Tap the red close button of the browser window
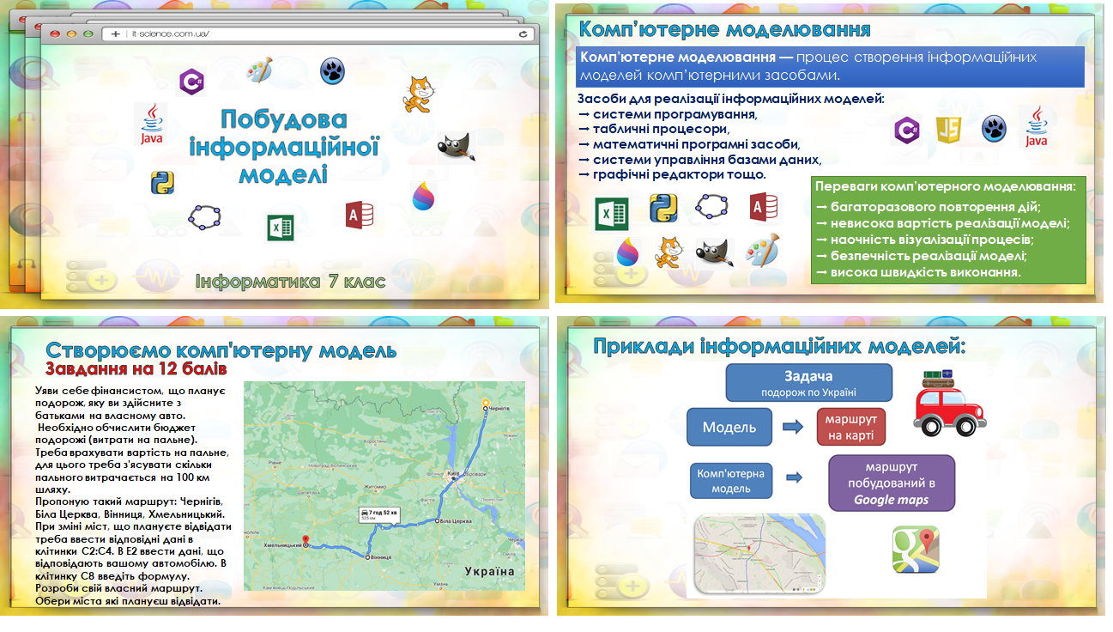pyautogui.click(x=56, y=34)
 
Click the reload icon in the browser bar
pyautogui.click(x=523, y=34)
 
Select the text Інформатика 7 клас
pyautogui.click(x=290, y=281)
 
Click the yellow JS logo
pyautogui.click(x=948, y=130)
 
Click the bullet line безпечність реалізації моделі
pyautogui.click(x=929, y=256)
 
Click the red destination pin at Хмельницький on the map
pyautogui.click(x=306, y=541)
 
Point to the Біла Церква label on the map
pyautogui.click(x=455, y=521)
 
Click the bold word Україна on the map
pyautogui.click(x=489, y=571)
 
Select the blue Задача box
pyautogui.click(x=808, y=383)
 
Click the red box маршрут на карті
pyautogui.click(x=850, y=427)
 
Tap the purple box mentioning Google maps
pyautogui.click(x=891, y=483)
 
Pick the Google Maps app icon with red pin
pyautogui.click(x=915, y=550)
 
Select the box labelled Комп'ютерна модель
pyautogui.click(x=730, y=481)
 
